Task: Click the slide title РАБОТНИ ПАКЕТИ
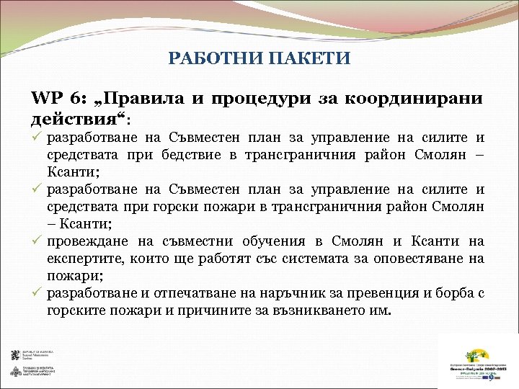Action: pyautogui.click(x=259, y=58)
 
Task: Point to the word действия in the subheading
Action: pyautogui.click(x=72, y=116)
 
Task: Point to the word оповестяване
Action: pyautogui.click(x=427, y=259)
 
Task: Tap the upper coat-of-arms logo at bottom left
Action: pyautogui.click(x=15, y=355)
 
